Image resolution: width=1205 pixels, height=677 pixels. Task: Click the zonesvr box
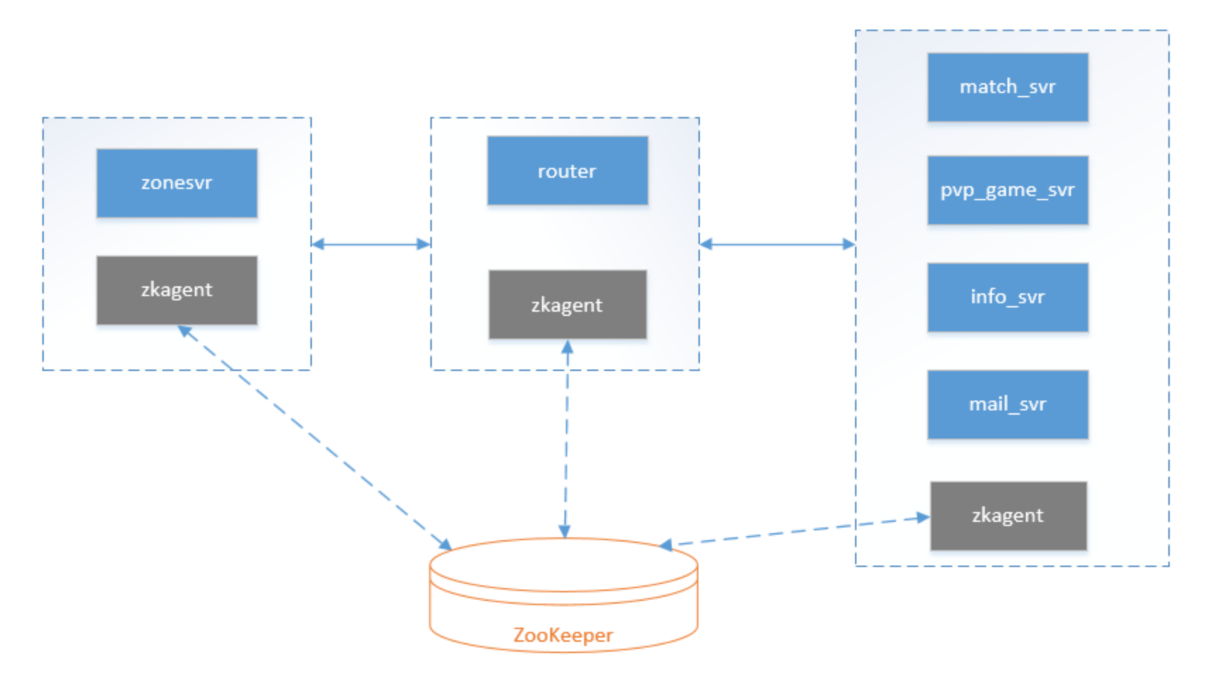tap(177, 183)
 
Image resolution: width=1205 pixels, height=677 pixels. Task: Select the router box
tap(567, 171)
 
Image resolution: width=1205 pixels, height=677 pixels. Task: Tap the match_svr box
tap(1007, 87)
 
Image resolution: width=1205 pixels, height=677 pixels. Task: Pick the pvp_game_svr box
tap(1007, 190)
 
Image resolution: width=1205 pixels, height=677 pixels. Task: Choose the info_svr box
tap(1007, 297)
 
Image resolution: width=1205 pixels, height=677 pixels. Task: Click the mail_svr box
tap(1007, 404)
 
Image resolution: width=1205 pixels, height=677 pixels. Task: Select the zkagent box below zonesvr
tap(177, 291)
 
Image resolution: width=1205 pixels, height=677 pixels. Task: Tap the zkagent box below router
tap(567, 305)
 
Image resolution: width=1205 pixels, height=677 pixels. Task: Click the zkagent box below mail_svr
tap(1008, 516)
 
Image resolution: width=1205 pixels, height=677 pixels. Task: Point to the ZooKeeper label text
tap(563, 635)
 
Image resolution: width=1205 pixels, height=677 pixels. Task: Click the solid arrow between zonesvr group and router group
tap(371, 244)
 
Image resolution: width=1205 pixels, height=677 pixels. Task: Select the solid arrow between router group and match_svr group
tap(777, 244)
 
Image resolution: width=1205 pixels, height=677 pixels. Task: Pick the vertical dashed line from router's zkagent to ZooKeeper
tap(566, 439)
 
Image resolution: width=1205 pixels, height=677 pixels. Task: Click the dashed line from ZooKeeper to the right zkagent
tap(794, 532)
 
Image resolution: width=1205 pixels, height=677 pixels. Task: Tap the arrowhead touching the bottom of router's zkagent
tap(567, 346)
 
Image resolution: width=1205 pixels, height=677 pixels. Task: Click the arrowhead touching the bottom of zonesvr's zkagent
tap(185, 331)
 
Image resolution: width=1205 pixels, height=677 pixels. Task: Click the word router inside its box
tap(567, 171)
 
